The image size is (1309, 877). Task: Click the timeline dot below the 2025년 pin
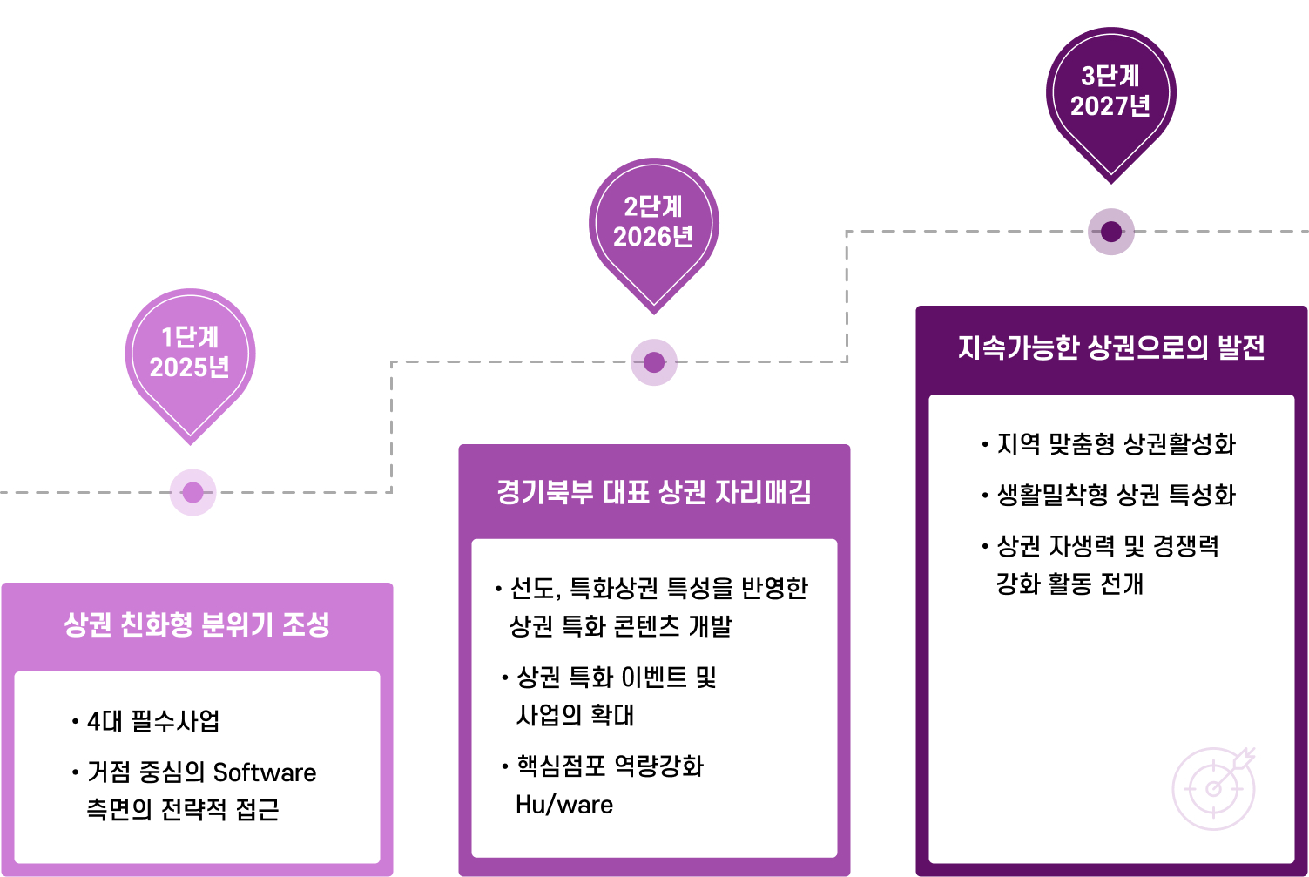(192, 492)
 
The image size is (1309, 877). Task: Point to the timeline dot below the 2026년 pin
(654, 361)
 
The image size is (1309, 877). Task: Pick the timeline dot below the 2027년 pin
(1111, 232)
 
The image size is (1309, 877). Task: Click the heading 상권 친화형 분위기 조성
(197, 624)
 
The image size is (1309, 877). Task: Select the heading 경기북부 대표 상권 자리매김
(654, 493)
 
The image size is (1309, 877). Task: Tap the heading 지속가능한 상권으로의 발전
(1111, 347)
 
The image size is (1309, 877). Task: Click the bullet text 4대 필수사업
(153, 721)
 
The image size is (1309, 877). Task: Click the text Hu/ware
(564, 805)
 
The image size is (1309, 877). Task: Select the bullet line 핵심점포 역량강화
(610, 766)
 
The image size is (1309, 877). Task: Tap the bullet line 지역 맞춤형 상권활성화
(1116, 444)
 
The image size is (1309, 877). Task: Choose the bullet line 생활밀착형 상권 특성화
(1116, 495)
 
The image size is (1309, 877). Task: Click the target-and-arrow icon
(1214, 787)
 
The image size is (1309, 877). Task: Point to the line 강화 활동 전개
(1069, 584)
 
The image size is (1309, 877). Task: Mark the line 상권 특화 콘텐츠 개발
(620, 626)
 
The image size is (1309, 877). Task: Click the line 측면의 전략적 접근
(183, 810)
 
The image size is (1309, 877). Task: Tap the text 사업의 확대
(575, 715)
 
